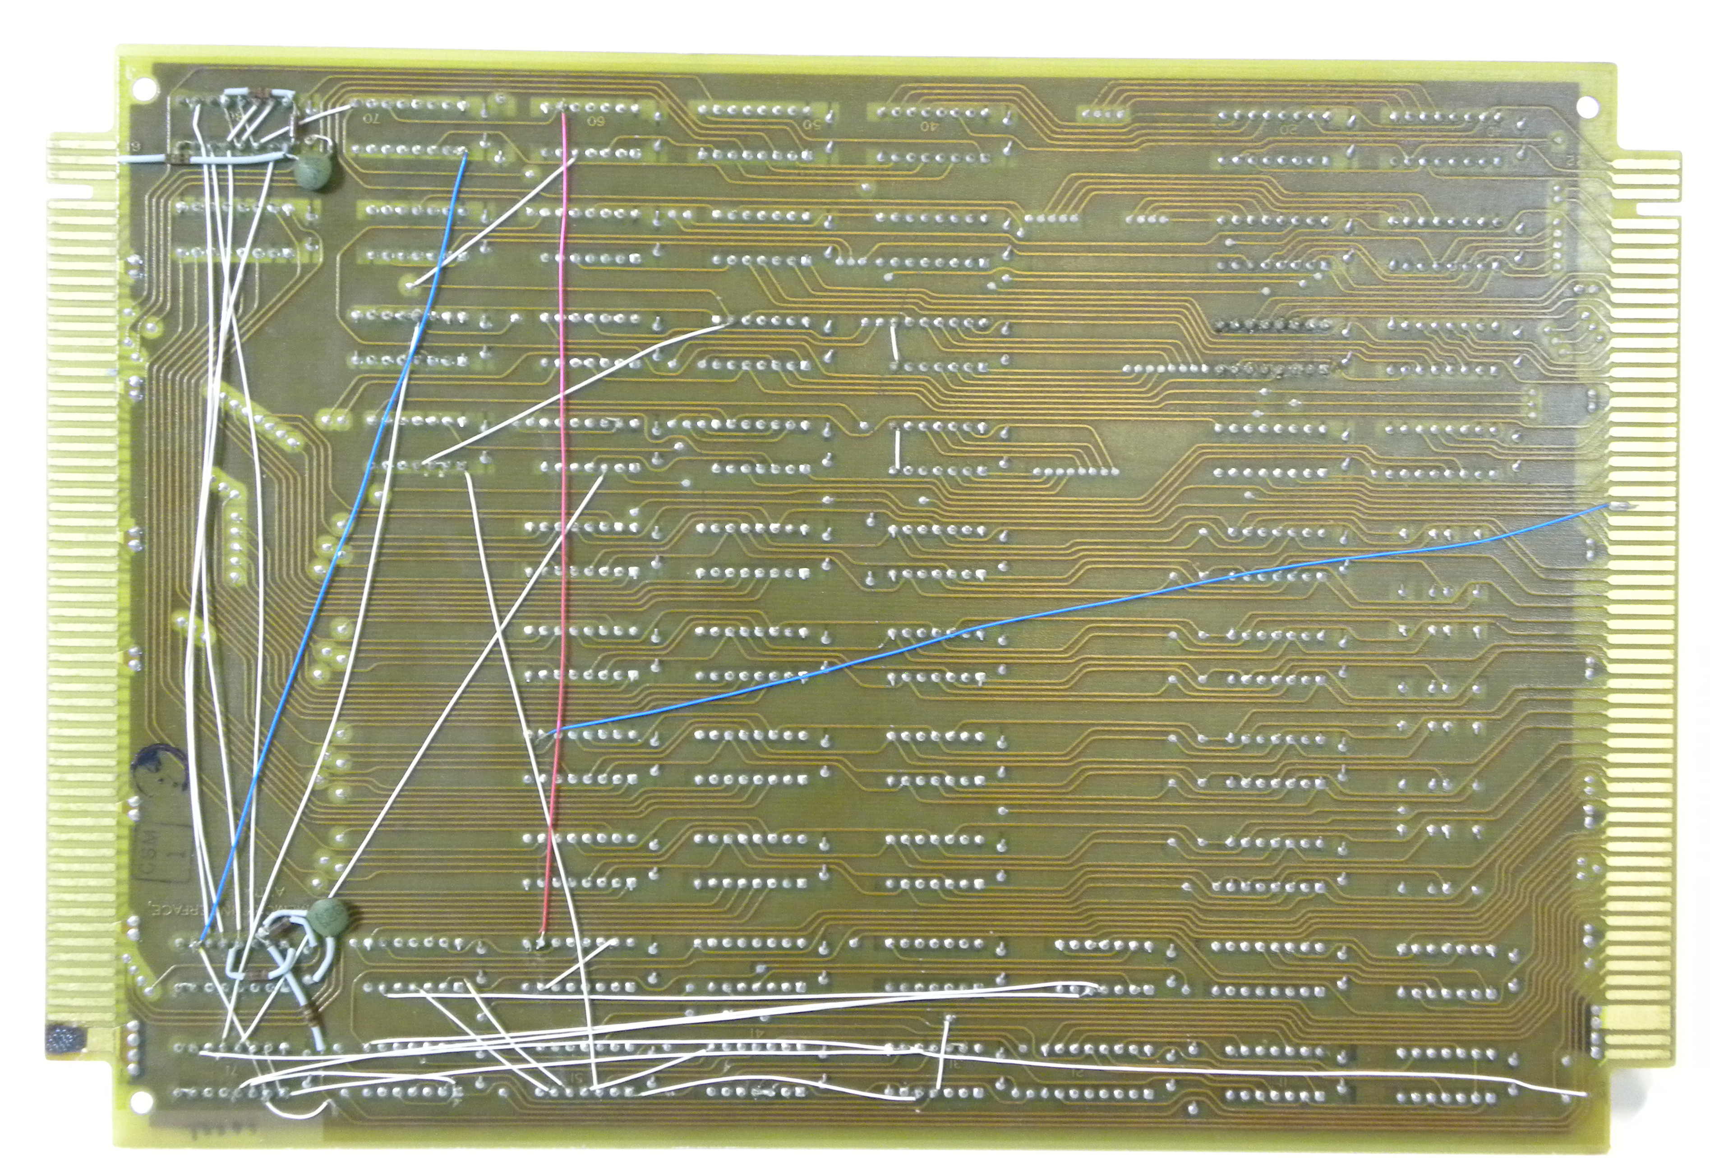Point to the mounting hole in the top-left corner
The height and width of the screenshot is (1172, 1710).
[x=144, y=88]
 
